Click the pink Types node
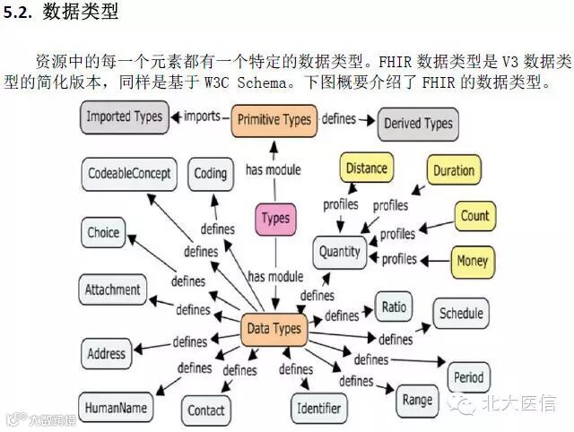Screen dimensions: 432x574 click(276, 218)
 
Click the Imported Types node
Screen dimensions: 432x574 click(124, 117)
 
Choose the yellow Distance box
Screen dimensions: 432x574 click(366, 168)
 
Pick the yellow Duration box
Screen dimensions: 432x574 click(454, 170)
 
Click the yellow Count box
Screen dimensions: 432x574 click(474, 216)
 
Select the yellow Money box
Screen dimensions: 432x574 click(473, 261)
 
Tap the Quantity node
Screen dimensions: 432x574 click(340, 252)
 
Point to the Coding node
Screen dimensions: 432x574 click(211, 173)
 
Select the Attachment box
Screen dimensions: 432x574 click(113, 290)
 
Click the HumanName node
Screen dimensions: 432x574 click(116, 408)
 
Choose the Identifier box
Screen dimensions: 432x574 click(318, 409)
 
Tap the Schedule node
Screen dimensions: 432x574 click(461, 314)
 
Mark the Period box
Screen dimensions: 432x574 click(469, 377)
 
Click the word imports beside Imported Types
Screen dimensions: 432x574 click(202, 117)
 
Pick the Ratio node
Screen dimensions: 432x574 click(394, 307)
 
